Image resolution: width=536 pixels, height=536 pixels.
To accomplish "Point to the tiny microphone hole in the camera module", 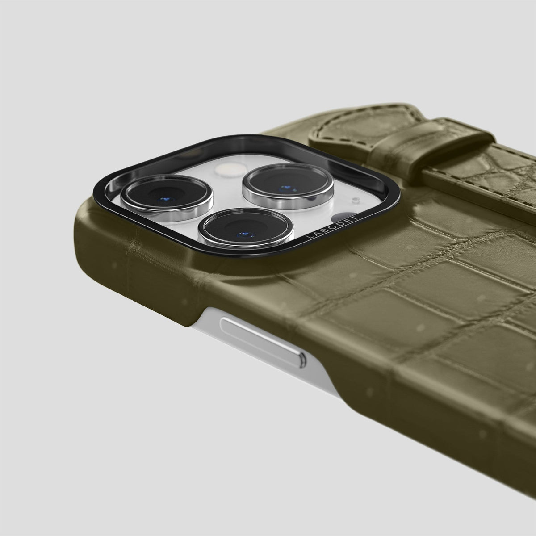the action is [x=355, y=199].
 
